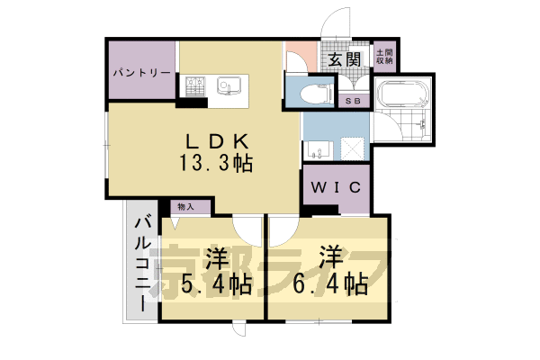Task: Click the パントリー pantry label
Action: tap(142, 71)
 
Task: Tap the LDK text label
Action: tap(217, 142)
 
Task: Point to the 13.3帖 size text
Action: tap(216, 164)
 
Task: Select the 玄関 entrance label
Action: tap(344, 60)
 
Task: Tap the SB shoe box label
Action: tap(354, 101)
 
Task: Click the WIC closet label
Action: tap(336, 187)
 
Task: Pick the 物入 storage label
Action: tap(186, 207)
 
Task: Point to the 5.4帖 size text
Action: tap(216, 285)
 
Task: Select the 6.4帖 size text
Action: tap(331, 285)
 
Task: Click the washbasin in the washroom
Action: tap(316, 150)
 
